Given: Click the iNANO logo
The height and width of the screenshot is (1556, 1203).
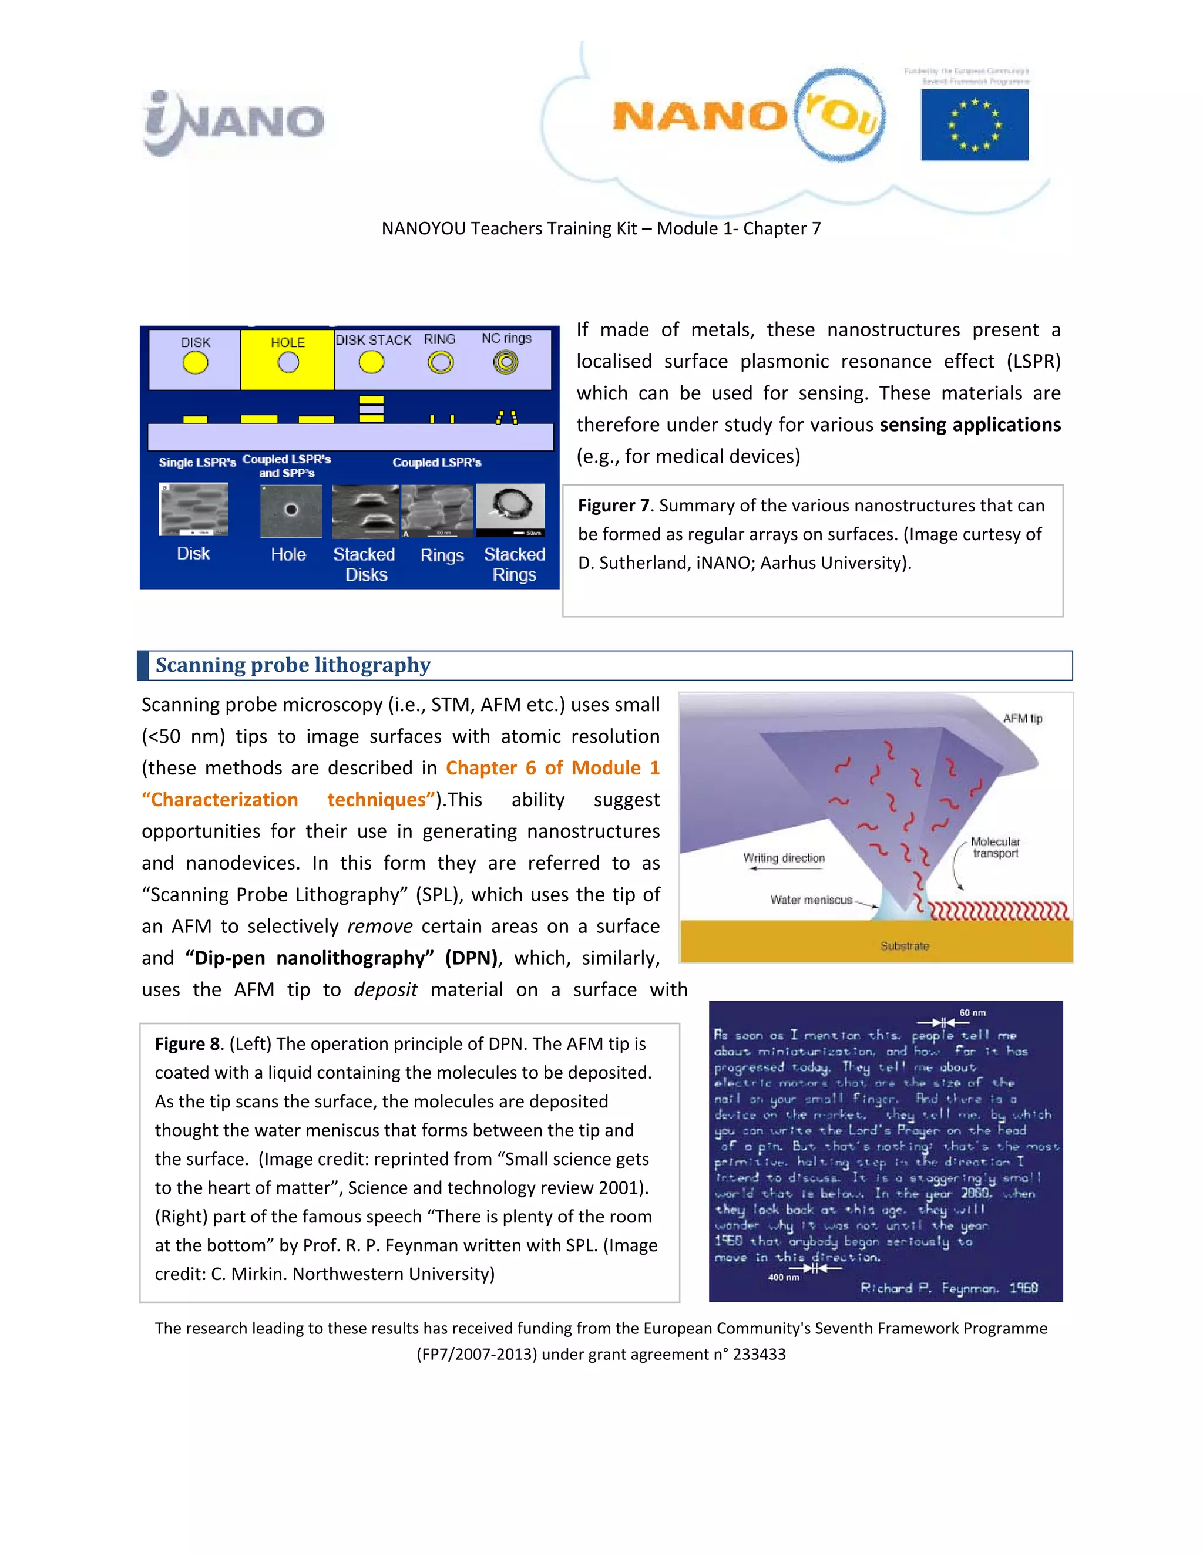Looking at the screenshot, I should (233, 123).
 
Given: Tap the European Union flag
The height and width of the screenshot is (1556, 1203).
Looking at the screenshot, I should (975, 126).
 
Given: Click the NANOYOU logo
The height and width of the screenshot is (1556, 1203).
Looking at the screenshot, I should (748, 117).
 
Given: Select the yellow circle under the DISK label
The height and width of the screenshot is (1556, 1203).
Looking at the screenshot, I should (194, 363).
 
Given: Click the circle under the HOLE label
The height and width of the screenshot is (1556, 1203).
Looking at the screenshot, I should (288, 363).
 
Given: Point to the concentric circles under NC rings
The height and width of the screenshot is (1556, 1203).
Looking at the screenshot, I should (506, 363).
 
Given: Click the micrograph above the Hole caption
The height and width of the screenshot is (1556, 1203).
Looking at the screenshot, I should (291, 510).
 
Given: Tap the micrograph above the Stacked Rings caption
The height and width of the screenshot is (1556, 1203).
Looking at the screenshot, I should (510, 510).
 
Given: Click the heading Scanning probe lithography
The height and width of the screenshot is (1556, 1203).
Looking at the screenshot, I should (293, 665).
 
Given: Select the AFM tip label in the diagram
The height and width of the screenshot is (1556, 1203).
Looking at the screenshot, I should (1022, 718).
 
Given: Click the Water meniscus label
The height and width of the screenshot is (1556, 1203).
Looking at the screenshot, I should (811, 900).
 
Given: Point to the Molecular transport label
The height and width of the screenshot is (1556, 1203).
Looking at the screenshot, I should (996, 847).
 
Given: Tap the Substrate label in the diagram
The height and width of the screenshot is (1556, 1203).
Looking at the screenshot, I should (905, 946).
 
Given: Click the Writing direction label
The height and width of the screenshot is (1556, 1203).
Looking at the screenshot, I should (784, 858).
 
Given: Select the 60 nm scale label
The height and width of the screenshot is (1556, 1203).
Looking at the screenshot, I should (972, 1012).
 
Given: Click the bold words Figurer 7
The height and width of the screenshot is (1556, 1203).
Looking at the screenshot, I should (613, 506).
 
